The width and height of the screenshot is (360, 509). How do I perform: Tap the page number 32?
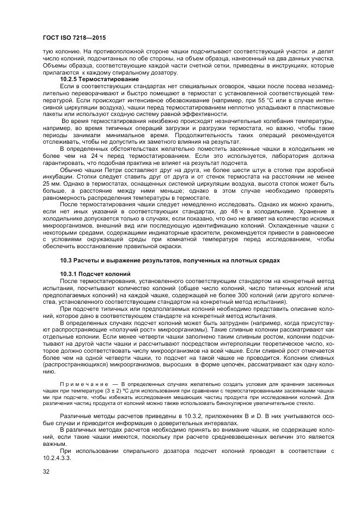tap(46, 471)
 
